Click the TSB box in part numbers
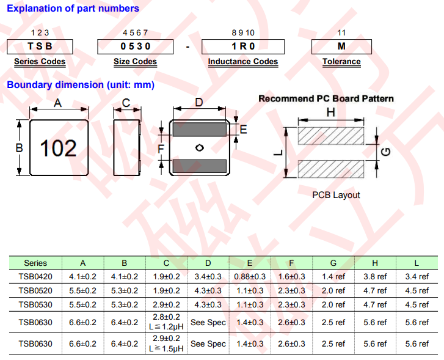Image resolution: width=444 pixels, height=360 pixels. click(x=40, y=46)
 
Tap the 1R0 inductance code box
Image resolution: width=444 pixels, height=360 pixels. click(x=243, y=46)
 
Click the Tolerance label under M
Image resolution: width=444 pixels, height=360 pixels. click(x=341, y=62)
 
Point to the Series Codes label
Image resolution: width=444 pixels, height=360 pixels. click(x=40, y=62)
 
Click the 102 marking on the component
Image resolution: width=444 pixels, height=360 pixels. click(x=59, y=148)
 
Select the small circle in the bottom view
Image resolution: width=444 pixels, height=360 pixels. click(x=199, y=147)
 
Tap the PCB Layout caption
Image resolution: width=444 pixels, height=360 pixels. click(x=336, y=195)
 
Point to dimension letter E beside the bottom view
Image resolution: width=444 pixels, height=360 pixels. click(x=243, y=130)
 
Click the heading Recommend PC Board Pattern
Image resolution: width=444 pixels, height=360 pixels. click(x=326, y=98)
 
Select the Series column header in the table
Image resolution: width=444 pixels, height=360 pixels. click(x=35, y=263)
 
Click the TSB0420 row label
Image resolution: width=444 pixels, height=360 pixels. click(x=35, y=276)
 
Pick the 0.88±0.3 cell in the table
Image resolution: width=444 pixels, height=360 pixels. click(x=250, y=276)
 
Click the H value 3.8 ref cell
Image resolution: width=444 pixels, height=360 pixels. click(x=375, y=276)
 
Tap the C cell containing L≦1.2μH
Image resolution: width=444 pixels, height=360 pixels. click(x=166, y=322)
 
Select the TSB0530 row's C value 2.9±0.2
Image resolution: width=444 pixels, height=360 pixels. click(x=166, y=304)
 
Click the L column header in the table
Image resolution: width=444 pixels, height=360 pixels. click(x=417, y=263)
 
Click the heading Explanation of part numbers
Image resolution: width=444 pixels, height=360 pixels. click(x=73, y=9)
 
